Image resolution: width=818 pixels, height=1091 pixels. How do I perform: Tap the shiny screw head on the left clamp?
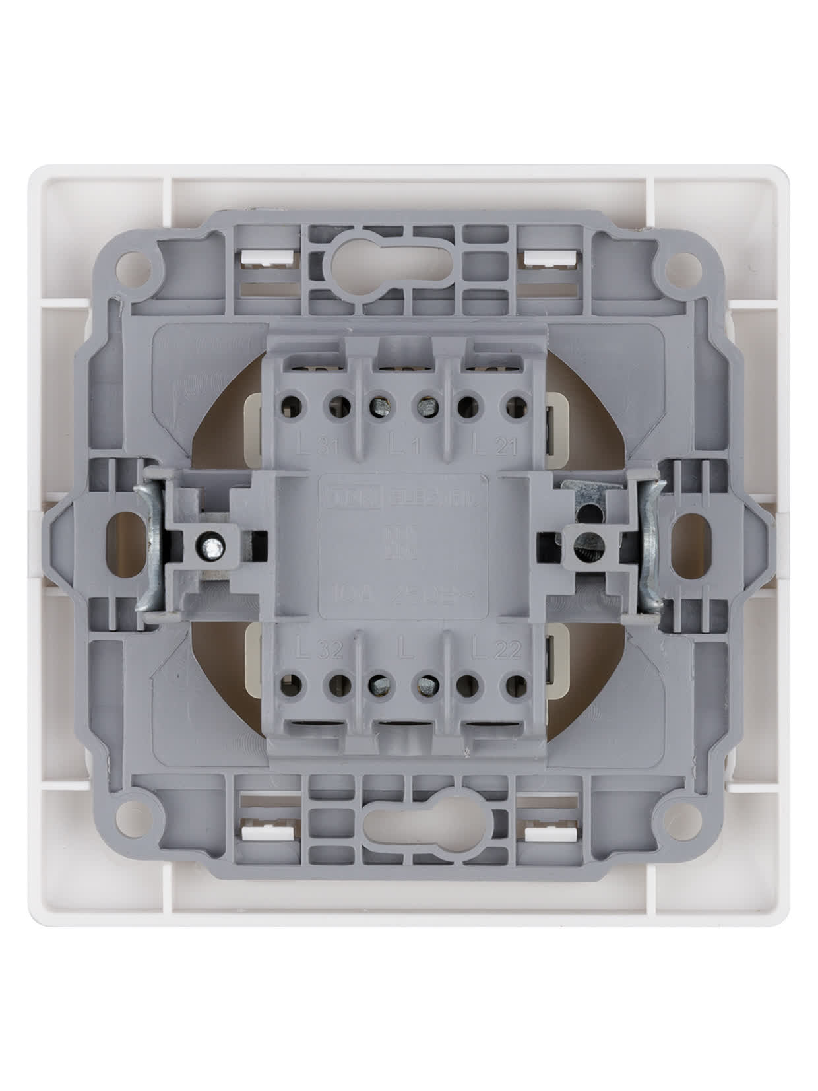pyautogui.click(x=212, y=545)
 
